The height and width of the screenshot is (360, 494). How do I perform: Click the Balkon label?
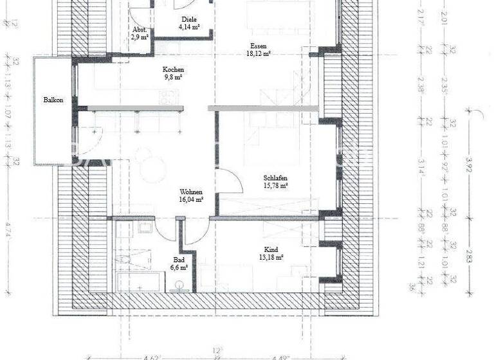[x=53, y=100]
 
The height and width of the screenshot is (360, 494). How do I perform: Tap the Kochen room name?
[x=173, y=69]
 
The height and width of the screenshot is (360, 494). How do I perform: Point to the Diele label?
[x=188, y=20]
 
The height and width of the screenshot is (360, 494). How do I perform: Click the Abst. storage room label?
[x=140, y=30]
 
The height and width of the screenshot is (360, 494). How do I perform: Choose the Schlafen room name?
[x=275, y=178]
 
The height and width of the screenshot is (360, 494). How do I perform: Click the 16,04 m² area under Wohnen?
[x=192, y=200]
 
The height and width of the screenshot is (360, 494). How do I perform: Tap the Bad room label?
[x=179, y=259]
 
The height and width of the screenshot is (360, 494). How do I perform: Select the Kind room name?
[x=271, y=249]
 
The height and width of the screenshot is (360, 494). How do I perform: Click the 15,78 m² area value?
[x=275, y=186]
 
